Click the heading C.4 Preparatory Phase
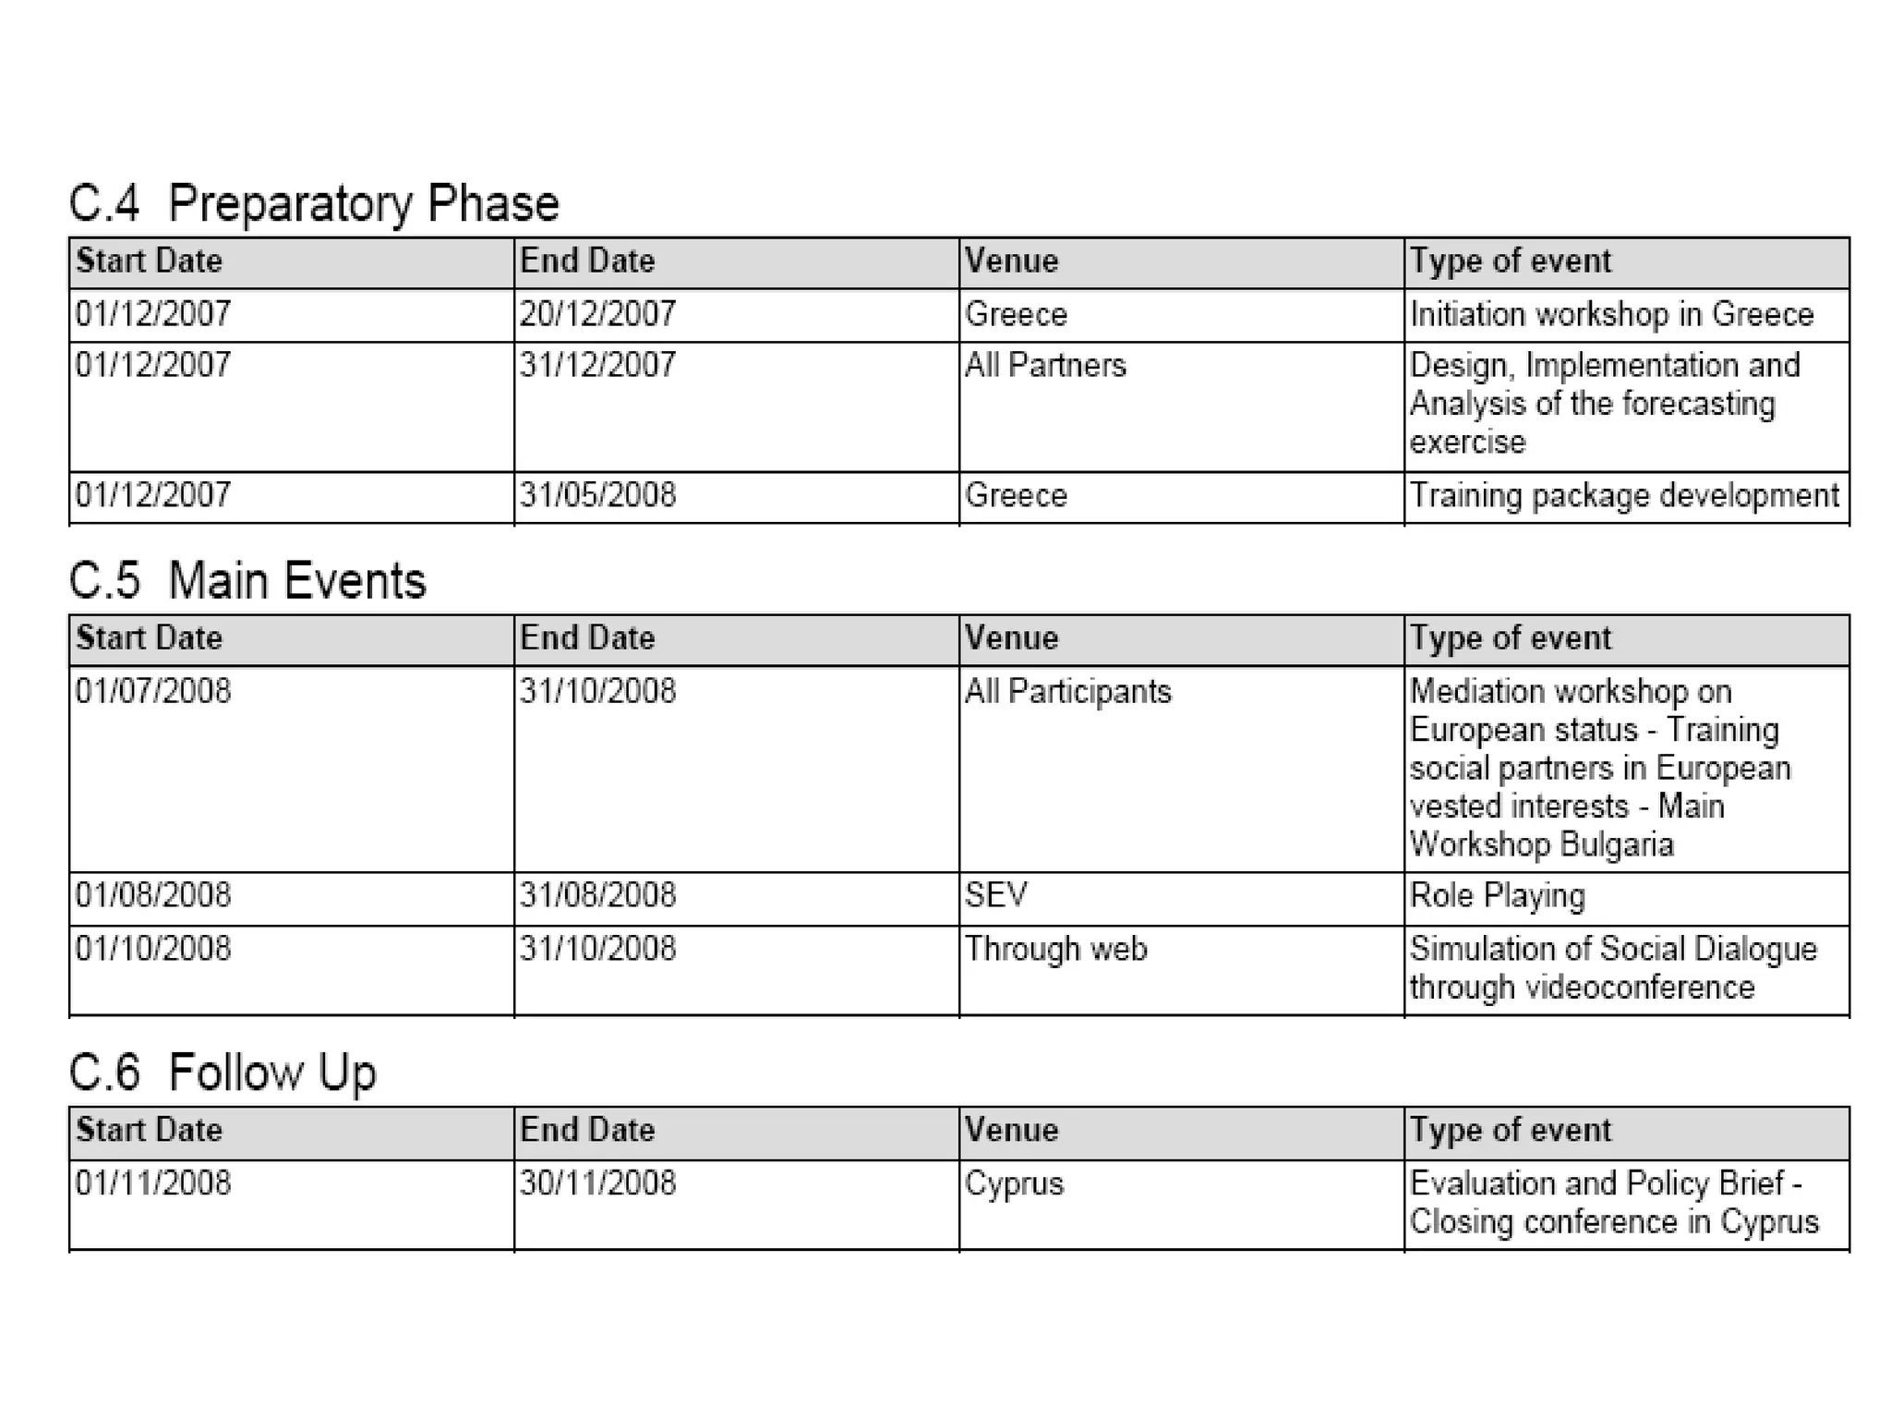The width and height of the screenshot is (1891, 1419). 314,203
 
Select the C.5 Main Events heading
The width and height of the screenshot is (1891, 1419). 247,581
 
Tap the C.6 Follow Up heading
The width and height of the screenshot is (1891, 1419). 223,1073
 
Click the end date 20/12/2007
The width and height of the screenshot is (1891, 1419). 597,314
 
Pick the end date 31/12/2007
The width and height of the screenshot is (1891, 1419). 597,365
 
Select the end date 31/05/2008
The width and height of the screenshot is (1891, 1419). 597,495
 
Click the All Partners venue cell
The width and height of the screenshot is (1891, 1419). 1045,366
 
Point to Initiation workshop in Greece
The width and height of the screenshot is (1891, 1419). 1611,314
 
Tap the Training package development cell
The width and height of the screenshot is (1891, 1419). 1624,496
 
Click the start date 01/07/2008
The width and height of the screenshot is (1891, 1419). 153,691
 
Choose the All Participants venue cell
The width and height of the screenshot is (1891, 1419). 1067,692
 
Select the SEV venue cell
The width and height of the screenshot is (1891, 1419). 995,895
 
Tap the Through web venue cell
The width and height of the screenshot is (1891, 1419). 1055,949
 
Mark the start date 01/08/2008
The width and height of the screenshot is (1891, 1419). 153,895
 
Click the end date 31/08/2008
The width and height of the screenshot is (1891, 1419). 597,895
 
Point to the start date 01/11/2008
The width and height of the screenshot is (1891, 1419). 153,1183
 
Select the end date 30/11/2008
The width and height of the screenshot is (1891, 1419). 597,1183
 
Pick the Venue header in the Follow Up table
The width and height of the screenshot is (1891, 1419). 1011,1131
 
